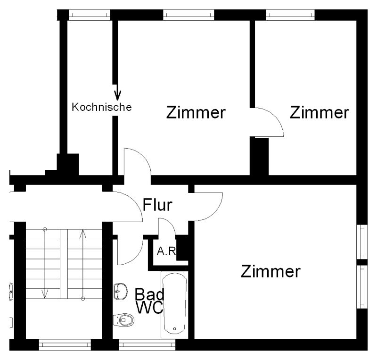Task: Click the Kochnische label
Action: coord(101,107)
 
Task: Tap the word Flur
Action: coord(157,205)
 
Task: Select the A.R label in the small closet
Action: coord(166,251)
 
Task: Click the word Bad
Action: coord(150,294)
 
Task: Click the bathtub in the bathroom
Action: coord(174,304)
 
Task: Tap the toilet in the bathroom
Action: coord(124,320)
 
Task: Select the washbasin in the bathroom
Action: coord(121,291)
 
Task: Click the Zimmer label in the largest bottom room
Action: coord(270,272)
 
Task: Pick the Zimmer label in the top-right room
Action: coord(320,113)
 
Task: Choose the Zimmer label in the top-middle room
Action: coord(196,113)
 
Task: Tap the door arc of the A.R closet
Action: coord(168,226)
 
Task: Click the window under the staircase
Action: coord(64,345)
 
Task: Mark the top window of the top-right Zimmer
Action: coord(290,15)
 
